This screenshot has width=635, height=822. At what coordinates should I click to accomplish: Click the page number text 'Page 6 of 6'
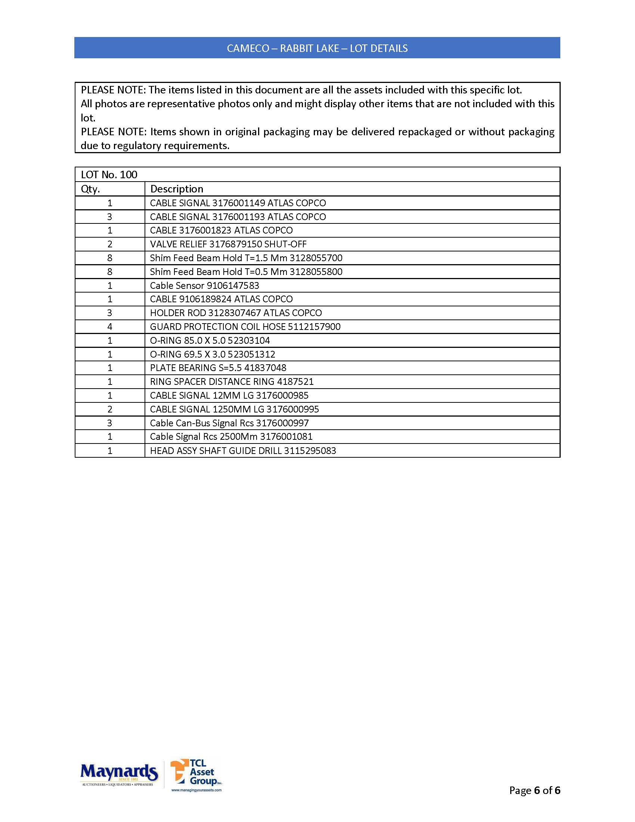click(534, 790)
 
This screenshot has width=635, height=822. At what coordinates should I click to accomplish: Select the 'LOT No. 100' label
click(109, 174)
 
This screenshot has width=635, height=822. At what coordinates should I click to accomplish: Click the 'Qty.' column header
click(90, 189)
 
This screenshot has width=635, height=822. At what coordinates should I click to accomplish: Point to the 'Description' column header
click(176, 189)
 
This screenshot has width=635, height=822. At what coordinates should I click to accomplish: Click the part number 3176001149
click(239, 203)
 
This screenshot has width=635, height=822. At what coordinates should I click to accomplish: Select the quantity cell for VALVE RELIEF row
click(110, 244)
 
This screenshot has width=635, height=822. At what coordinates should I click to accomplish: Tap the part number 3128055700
click(316, 258)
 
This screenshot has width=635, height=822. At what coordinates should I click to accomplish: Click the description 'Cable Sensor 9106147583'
click(204, 286)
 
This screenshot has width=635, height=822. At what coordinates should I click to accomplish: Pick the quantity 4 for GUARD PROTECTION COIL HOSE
click(110, 327)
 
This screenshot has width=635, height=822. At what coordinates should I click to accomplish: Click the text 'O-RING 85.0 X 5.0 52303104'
click(210, 341)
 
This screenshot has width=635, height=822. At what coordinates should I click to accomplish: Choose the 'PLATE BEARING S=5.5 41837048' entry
click(218, 368)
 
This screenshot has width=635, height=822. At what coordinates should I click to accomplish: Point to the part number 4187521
click(295, 381)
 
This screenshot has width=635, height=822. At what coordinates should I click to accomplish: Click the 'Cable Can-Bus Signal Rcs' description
click(202, 423)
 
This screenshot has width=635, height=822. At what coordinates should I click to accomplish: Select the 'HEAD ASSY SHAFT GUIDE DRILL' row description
click(216, 451)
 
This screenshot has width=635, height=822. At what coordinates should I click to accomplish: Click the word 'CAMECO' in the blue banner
click(248, 48)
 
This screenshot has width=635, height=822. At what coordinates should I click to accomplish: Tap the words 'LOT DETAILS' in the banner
click(378, 48)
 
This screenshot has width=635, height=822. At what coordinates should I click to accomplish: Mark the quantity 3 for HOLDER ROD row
click(110, 313)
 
